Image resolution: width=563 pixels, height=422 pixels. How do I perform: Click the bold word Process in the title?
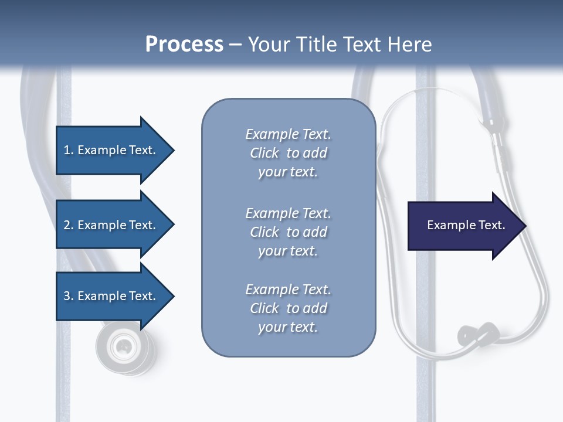click(x=184, y=45)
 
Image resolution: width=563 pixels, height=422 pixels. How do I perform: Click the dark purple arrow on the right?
click(x=463, y=226)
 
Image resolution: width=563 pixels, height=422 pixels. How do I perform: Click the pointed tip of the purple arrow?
click(x=525, y=226)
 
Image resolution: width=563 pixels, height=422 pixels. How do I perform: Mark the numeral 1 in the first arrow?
click(x=67, y=150)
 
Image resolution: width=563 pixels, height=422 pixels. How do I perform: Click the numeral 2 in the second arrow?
click(x=67, y=225)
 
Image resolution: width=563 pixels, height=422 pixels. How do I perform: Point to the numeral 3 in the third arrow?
click(x=67, y=296)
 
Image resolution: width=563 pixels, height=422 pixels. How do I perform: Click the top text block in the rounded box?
click(x=288, y=153)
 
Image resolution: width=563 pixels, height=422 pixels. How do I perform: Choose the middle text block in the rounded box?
click(x=288, y=232)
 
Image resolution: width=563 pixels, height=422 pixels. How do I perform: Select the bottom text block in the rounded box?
click(x=288, y=308)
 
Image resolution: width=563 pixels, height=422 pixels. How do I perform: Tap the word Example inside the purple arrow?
click(x=449, y=225)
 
